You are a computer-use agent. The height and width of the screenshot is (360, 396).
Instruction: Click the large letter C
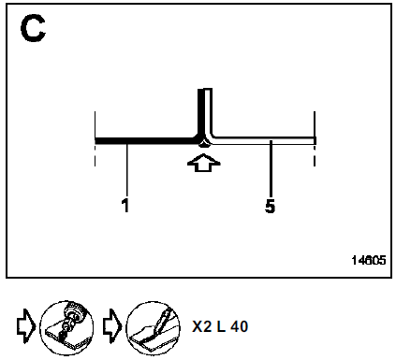click(x=33, y=29)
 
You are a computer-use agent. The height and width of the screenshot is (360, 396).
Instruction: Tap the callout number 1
click(x=125, y=206)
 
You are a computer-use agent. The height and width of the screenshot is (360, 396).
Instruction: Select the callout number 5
click(x=271, y=207)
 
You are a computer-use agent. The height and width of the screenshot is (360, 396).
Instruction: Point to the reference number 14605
click(x=369, y=260)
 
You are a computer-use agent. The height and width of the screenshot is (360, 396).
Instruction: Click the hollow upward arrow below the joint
click(x=204, y=163)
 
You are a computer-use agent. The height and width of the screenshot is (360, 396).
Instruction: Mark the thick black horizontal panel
click(x=147, y=140)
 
